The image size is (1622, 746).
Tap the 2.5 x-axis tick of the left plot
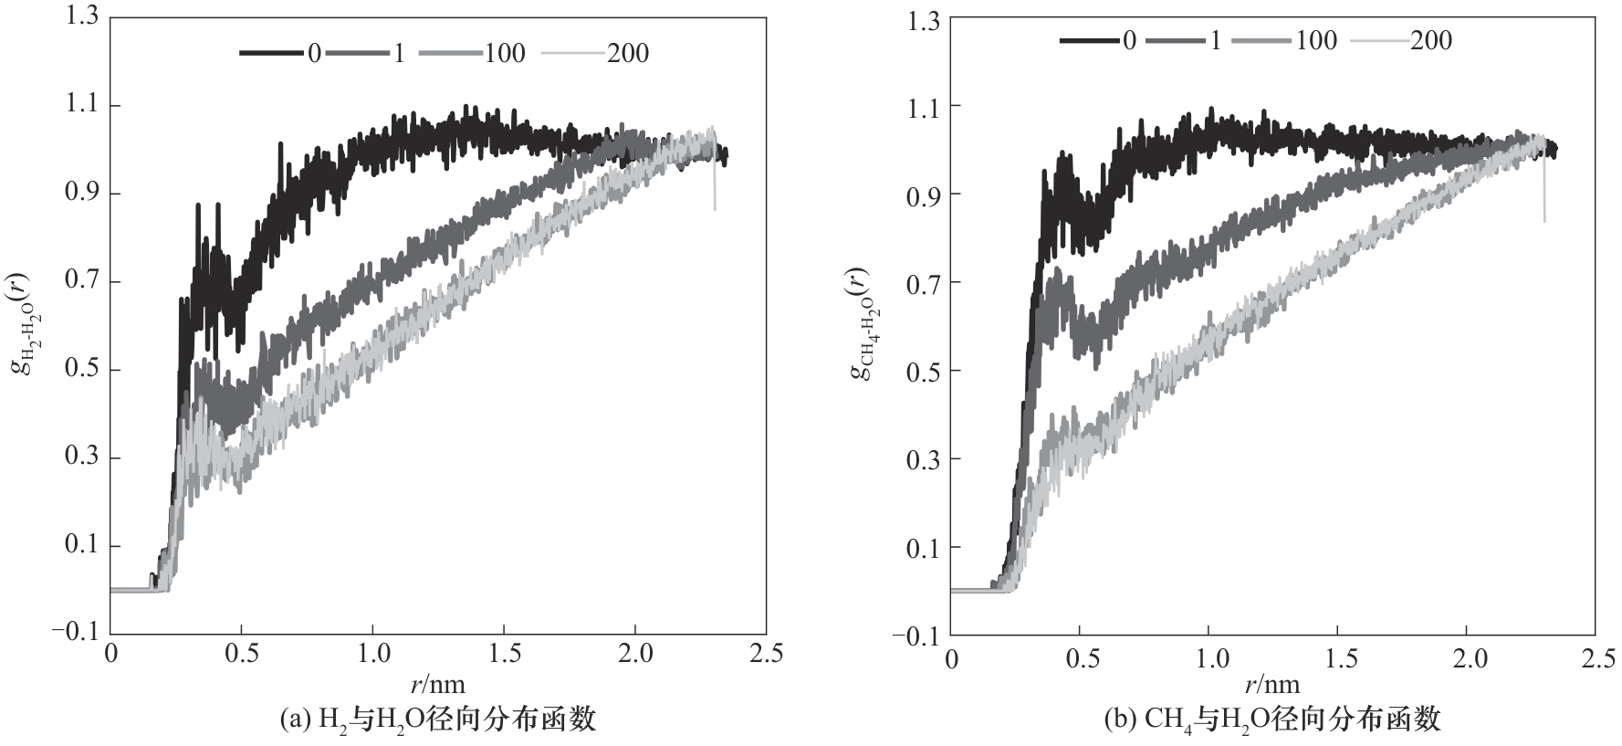click(765, 655)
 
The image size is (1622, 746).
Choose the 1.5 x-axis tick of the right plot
click(1337, 658)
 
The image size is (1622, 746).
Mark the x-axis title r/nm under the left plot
click(437, 683)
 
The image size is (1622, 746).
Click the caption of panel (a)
click(437, 720)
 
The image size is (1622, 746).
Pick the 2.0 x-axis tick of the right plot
click(1466, 658)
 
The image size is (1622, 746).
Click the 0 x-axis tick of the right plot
click(952, 658)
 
